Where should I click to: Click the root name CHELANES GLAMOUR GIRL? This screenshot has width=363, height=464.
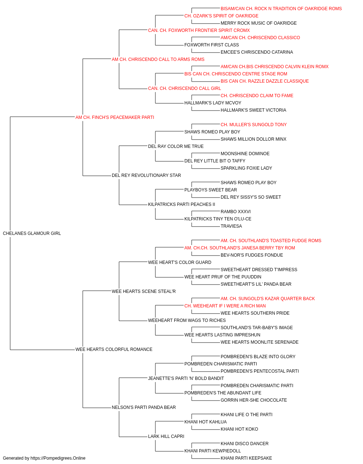(32, 233)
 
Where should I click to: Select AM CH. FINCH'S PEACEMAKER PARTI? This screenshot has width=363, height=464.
(115, 117)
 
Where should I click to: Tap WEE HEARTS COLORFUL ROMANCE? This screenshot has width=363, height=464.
(114, 349)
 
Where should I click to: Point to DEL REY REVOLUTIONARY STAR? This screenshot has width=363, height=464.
(146, 175)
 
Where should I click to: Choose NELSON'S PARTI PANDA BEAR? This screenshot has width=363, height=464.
(144, 407)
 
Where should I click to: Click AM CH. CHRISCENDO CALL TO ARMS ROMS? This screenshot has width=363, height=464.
(158, 59)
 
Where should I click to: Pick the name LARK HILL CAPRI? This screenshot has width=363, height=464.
(166, 436)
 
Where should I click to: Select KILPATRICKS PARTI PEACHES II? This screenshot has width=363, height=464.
(181, 204)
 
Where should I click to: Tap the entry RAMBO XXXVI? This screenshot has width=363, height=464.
(236, 212)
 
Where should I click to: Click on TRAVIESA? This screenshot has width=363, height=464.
(231, 226)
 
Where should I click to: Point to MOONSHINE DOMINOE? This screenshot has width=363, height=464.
(245, 154)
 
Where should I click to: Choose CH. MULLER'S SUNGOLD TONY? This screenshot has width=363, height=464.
(253, 124)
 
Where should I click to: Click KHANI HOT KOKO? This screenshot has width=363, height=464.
(239, 429)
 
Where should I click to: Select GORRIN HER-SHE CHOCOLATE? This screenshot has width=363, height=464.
(254, 400)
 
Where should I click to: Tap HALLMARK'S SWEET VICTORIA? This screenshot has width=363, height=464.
(253, 110)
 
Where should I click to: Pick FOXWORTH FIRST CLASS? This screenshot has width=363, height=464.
(212, 45)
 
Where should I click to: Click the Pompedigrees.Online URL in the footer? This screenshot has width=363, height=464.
(58, 458)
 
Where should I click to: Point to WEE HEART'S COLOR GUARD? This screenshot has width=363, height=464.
(180, 262)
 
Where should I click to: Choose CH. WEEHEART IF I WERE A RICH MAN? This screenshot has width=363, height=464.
(225, 306)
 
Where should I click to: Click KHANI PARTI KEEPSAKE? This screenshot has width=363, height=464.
(246, 458)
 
